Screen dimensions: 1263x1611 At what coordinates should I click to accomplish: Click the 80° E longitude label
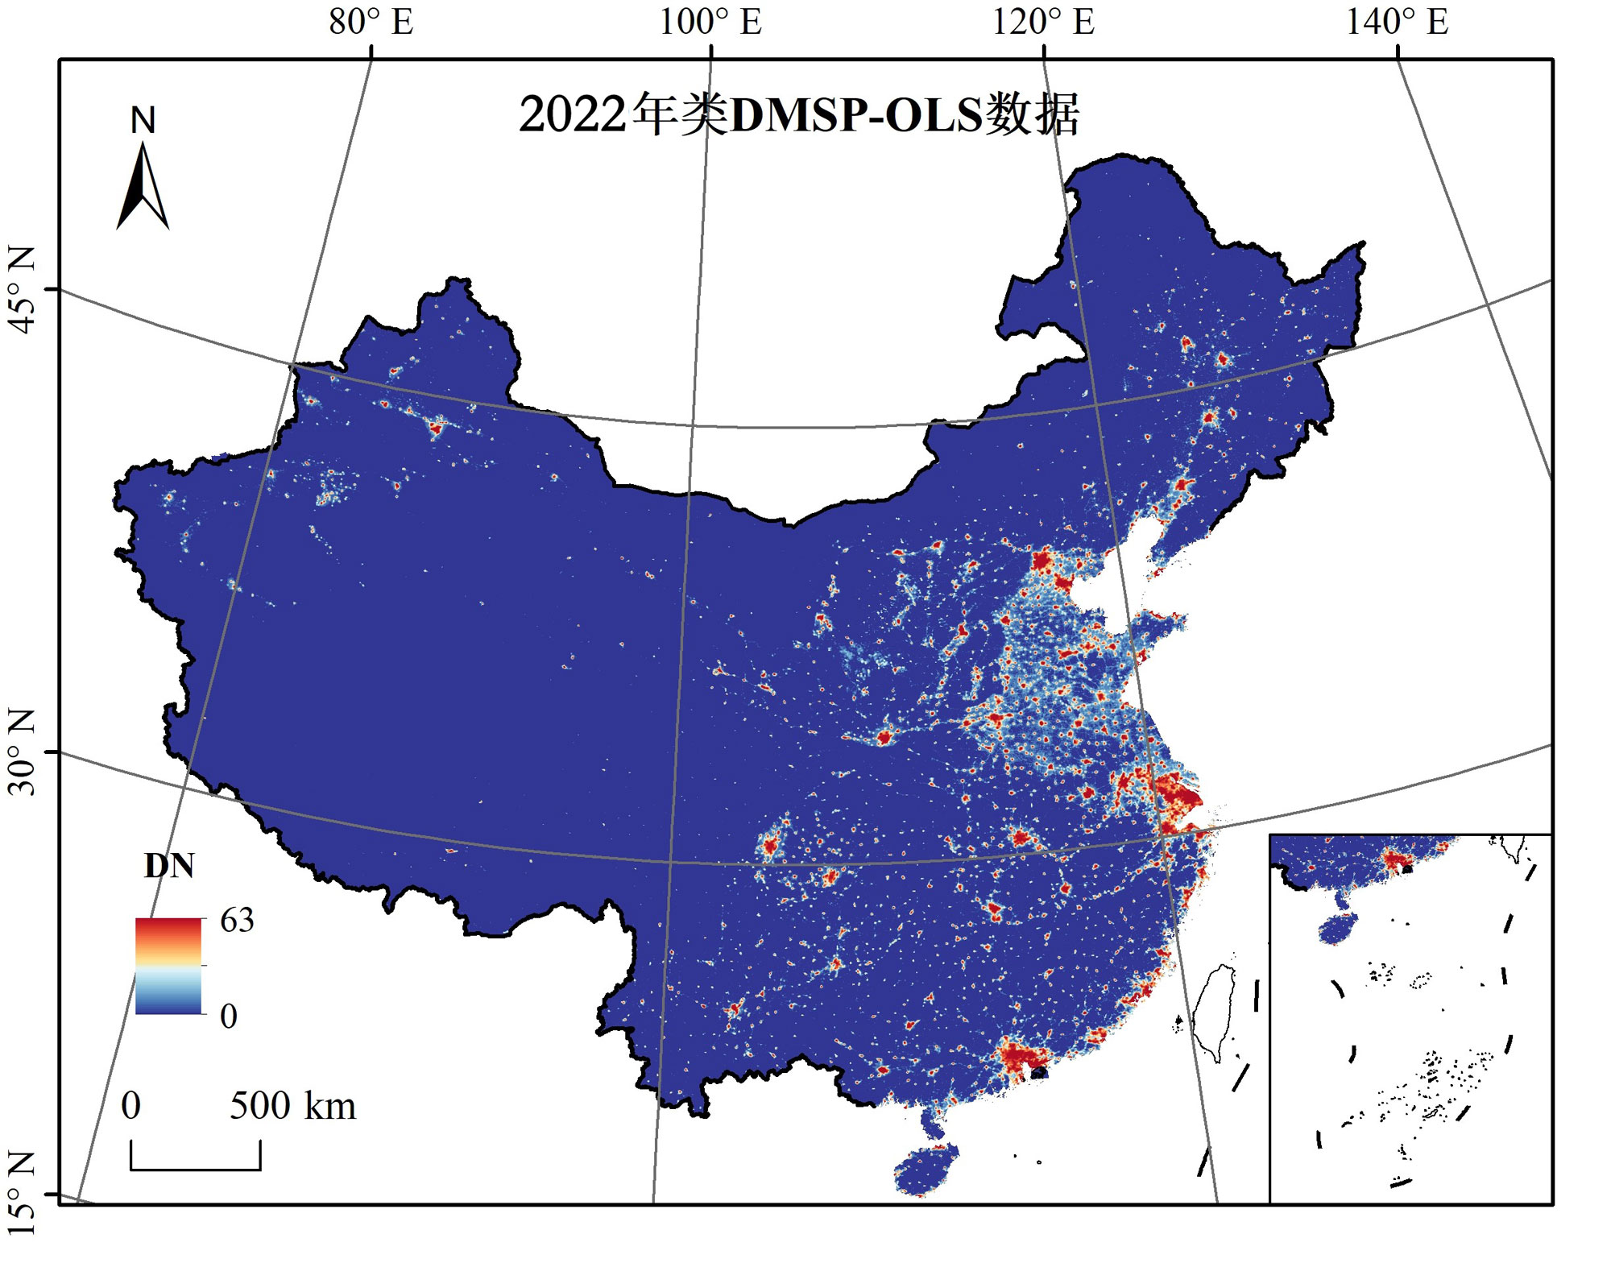[371, 22]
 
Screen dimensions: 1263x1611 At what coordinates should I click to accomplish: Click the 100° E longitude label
[710, 22]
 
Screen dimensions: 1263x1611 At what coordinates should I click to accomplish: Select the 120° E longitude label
[1042, 22]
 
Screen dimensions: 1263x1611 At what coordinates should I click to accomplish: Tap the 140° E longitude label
[1397, 22]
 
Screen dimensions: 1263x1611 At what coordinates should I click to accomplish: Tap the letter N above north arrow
[143, 121]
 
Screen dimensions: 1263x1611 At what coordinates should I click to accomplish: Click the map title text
[797, 115]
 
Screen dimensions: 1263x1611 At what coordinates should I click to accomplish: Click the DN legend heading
[169, 866]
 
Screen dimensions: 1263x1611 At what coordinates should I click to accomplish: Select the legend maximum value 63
[237, 920]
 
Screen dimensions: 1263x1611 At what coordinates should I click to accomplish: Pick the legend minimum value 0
[229, 1017]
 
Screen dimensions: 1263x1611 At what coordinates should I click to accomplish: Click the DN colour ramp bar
[168, 965]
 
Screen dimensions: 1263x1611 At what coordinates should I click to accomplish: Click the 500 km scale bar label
[292, 1105]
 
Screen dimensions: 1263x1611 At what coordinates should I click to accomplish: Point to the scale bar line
[195, 1167]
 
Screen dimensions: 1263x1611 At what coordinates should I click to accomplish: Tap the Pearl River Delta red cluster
[1017, 1056]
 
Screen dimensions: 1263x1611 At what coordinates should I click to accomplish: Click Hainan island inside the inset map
[1337, 928]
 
